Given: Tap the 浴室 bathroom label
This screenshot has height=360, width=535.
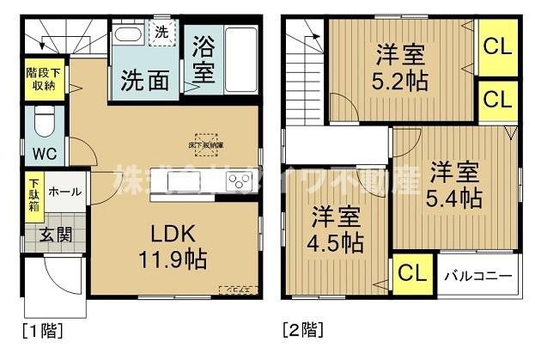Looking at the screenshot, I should [204, 60].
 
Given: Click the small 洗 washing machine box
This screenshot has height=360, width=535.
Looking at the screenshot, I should [162, 33].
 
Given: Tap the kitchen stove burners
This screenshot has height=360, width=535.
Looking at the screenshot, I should [239, 180].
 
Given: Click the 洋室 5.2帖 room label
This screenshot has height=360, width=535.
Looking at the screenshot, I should [400, 69].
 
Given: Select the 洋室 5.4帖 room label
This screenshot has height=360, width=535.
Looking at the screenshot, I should [453, 183].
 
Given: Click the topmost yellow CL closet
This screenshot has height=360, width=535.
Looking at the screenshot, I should [495, 46].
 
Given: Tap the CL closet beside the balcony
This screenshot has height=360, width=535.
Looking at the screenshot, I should [412, 275].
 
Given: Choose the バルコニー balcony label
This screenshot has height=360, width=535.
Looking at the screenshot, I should [478, 277].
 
